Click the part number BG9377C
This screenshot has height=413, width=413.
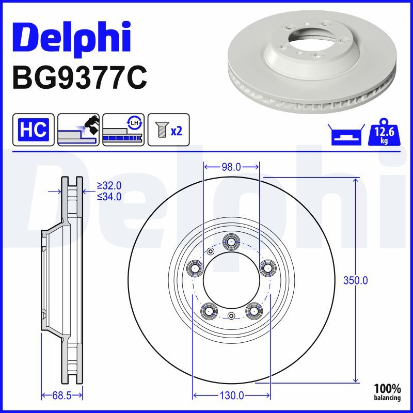pyautogui.click(x=80, y=77)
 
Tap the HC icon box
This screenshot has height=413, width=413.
pyautogui.click(x=34, y=130)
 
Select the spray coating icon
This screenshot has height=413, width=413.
pyautogui.click(x=78, y=130)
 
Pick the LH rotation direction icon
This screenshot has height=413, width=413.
pyautogui.click(x=123, y=130)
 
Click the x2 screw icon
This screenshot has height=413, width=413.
pyautogui.click(x=169, y=130)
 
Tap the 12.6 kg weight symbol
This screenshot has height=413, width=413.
pyautogui.click(x=384, y=132)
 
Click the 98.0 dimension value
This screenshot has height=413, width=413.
pyautogui.click(x=231, y=167)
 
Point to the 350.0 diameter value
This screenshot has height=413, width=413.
pyautogui.click(x=355, y=280)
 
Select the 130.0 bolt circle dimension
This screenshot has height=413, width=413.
pyautogui.click(x=231, y=395)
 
